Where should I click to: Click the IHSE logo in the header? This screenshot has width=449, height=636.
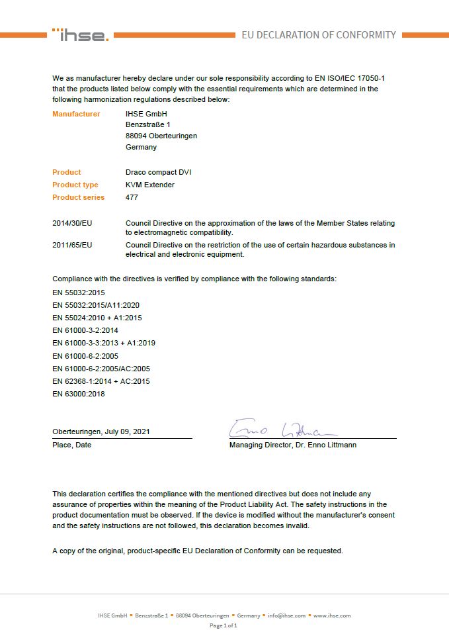(x=81, y=35)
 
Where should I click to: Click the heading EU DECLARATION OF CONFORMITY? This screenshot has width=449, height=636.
(x=319, y=35)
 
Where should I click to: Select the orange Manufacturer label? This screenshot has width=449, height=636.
(x=76, y=114)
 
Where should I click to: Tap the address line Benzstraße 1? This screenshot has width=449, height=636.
(x=148, y=124)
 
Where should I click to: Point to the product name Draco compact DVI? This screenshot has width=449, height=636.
(x=158, y=172)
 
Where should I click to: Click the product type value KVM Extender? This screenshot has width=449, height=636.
(x=150, y=185)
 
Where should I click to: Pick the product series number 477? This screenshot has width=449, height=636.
(x=132, y=197)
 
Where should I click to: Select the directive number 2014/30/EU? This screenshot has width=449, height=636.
(x=72, y=224)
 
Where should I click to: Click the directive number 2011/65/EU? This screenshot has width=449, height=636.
(x=72, y=245)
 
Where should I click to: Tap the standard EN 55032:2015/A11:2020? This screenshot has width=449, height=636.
(x=96, y=305)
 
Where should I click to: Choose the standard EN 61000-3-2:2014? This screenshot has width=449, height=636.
(x=85, y=330)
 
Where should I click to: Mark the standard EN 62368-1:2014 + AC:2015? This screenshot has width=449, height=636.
(x=101, y=381)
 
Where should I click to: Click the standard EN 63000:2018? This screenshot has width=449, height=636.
(x=79, y=394)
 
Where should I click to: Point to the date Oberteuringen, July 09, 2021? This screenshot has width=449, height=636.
(x=101, y=432)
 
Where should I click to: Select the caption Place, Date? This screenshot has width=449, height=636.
(x=72, y=445)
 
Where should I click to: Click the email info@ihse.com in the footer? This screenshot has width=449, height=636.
(x=286, y=615)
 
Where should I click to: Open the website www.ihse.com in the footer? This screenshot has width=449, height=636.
(x=332, y=615)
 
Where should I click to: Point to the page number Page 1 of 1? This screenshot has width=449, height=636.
(x=224, y=625)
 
